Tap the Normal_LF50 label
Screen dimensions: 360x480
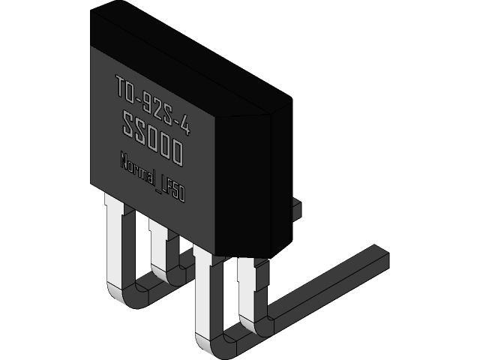152,175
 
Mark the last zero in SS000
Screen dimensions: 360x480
177,154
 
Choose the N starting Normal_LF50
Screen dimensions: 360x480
124,160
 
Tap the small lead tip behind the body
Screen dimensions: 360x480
296,206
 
